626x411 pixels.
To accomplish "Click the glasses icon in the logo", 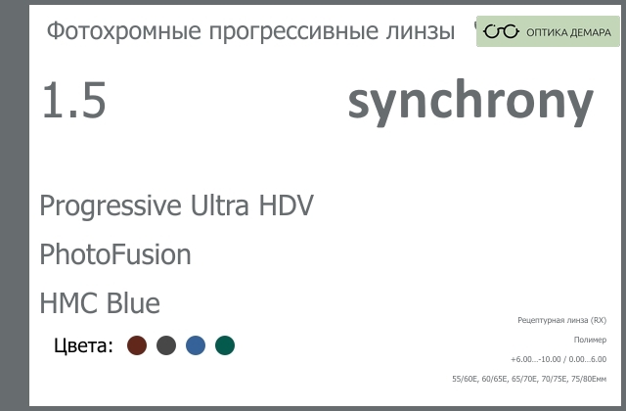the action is [x=501, y=31].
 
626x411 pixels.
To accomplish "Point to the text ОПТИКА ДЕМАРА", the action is [x=568, y=32].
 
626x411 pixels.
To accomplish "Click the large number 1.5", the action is [x=74, y=100].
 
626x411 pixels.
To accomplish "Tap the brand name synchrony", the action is [x=470, y=102].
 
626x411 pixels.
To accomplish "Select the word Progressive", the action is [x=111, y=206].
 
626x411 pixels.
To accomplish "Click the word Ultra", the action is [x=219, y=205].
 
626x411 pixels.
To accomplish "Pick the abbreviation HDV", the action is [x=287, y=205].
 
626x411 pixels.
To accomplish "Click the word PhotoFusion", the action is [x=115, y=254].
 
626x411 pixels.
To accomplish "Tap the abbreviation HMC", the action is [x=68, y=303].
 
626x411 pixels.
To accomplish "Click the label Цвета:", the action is [x=83, y=345].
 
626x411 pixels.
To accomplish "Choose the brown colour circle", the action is [x=137, y=345].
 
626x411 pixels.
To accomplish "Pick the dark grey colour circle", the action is [x=166, y=345].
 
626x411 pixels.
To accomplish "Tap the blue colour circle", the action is [x=196, y=345].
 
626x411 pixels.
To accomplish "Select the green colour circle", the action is [x=225, y=345].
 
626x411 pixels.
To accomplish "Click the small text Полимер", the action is [x=590, y=340].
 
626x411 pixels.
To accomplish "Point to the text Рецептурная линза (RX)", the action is [x=562, y=320].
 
